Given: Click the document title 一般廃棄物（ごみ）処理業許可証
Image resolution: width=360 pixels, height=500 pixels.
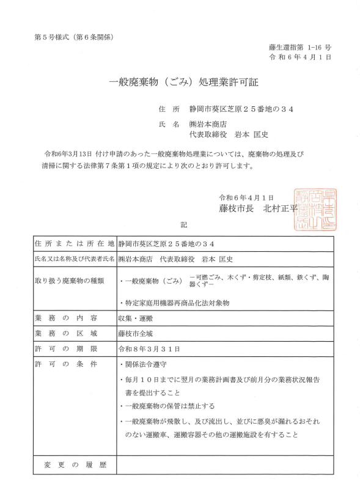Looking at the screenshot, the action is click(183, 82).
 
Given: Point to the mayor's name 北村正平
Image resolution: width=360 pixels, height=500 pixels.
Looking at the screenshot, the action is click(280, 208).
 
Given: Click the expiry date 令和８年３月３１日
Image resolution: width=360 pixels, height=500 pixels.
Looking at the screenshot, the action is click(150, 349).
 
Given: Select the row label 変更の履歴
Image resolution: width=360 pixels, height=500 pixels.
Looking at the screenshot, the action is click(75, 465).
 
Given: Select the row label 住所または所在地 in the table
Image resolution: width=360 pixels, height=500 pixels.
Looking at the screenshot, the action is click(75, 243).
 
